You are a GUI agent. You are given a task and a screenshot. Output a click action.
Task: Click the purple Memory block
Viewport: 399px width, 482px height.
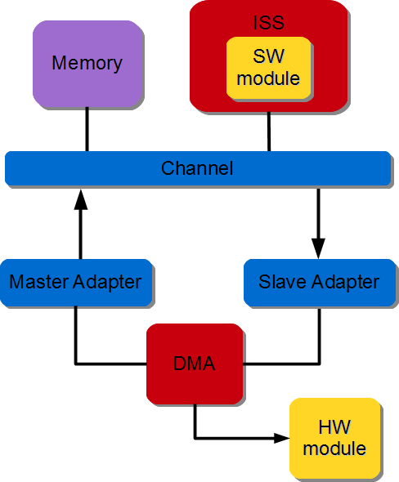point(86,64)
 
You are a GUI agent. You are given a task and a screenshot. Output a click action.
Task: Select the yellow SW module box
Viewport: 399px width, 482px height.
point(269,69)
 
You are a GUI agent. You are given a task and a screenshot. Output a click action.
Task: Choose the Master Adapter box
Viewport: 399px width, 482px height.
point(76,283)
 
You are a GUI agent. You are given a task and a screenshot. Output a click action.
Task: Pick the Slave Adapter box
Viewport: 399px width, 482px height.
point(319,283)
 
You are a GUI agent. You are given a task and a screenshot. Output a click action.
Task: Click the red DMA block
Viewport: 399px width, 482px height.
point(195,364)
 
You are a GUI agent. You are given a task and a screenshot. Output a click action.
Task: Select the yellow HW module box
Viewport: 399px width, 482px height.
point(334,439)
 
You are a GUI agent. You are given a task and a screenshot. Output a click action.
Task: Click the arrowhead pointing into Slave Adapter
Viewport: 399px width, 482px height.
point(318,248)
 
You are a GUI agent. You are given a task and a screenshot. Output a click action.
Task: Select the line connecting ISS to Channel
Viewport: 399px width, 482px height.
point(269,132)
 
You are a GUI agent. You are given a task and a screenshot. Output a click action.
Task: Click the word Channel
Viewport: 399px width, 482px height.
point(197,168)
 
